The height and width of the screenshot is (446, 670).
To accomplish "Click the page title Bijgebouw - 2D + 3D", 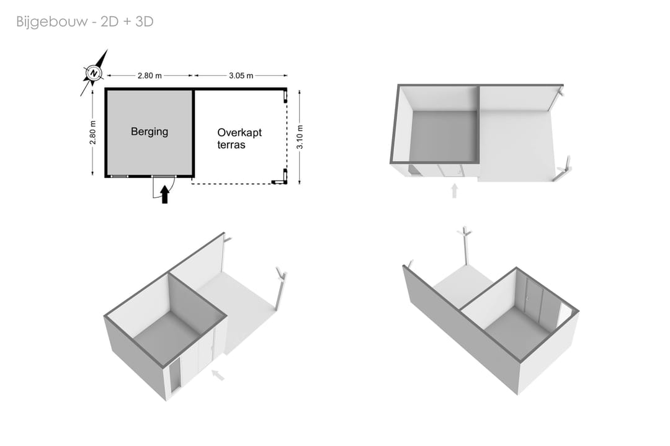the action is pyautogui.click(x=84, y=21).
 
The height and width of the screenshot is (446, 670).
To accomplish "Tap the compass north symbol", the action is pyautogui.click(x=93, y=73).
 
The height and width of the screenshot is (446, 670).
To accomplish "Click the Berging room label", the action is pyautogui.click(x=149, y=132).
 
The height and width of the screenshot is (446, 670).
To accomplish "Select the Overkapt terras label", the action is pyautogui.click(x=239, y=138).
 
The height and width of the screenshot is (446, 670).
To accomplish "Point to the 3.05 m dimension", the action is pyautogui.click(x=241, y=76).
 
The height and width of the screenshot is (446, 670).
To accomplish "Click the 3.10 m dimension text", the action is pyautogui.click(x=300, y=137).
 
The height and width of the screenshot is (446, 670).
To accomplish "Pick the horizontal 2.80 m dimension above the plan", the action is pyautogui.click(x=150, y=76).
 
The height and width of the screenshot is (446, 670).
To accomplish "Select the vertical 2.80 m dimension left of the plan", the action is pyautogui.click(x=92, y=132).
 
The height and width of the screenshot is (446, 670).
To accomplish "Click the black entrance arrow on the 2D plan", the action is pyautogui.click(x=164, y=194).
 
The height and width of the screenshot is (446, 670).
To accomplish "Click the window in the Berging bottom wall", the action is pyautogui.click(x=118, y=176).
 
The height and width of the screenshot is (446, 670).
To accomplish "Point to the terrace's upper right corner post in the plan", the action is pyautogui.click(x=285, y=97).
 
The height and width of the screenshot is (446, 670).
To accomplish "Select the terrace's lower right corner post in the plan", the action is pyautogui.click(x=282, y=179).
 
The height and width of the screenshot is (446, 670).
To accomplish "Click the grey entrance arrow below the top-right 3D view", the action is pyautogui.click(x=455, y=191).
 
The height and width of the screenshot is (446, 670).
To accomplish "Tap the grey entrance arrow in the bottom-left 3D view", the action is pyautogui.click(x=218, y=375).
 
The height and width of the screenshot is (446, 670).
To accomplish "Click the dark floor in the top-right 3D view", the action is pyautogui.click(x=443, y=136).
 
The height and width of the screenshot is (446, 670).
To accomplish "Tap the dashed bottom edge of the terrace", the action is pyautogui.click(x=232, y=184).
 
